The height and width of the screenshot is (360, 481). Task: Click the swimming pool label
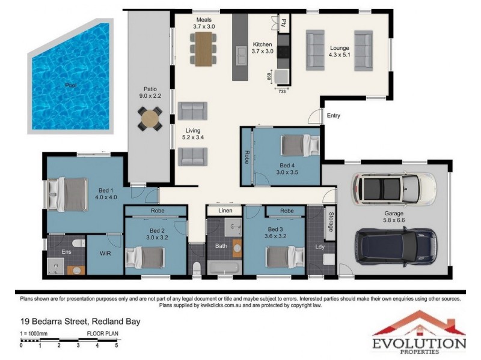pyautogui.click(x=71, y=85)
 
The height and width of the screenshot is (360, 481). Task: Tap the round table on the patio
pyautogui.click(x=150, y=119)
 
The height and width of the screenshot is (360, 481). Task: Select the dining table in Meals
pyautogui.click(x=203, y=49)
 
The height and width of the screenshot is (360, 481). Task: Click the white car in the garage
pyautogui.click(x=394, y=189)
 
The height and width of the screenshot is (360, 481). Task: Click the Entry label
pyautogui.click(x=334, y=115)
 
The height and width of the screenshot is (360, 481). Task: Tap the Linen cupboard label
pyautogui.click(x=225, y=211)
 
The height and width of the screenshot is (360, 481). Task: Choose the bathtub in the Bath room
pyautogui.click(x=224, y=268)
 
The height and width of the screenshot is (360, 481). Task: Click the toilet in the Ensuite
pyautogui.click(x=79, y=244)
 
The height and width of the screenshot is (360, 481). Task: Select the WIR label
pyautogui.click(x=105, y=253)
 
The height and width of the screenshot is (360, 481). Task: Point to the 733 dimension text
pyautogui.click(x=282, y=91)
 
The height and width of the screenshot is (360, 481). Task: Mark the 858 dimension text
pyautogui.click(x=269, y=76)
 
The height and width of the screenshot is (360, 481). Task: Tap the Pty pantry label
pyautogui.click(x=284, y=23)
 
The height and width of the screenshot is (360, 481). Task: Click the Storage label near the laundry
pyautogui.click(x=331, y=221)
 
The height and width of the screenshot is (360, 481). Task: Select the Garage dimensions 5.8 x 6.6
pyautogui.click(x=394, y=220)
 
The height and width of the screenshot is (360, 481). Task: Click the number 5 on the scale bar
pyautogui.click(x=117, y=346)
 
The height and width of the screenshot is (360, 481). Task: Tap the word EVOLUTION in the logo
pyautogui.click(x=419, y=343)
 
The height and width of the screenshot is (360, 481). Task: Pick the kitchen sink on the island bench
pyautogui.click(x=241, y=55)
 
